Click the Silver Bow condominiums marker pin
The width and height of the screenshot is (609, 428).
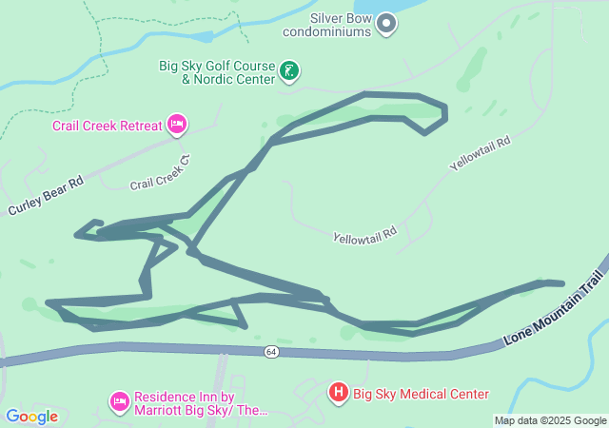[386, 23]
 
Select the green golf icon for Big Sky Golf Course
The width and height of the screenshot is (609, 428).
[289, 70]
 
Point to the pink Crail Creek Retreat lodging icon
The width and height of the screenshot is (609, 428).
[176, 125]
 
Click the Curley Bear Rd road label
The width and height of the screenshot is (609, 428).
[47, 195]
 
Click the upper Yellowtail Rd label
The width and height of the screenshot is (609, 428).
[481, 152]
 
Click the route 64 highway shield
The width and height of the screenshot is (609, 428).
[271, 352]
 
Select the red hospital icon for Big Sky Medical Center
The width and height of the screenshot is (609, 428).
[338, 392]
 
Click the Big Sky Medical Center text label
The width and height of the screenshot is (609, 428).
[421, 394]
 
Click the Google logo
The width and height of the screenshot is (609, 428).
[31, 416]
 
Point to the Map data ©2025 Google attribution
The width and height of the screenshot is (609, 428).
[550, 420]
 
